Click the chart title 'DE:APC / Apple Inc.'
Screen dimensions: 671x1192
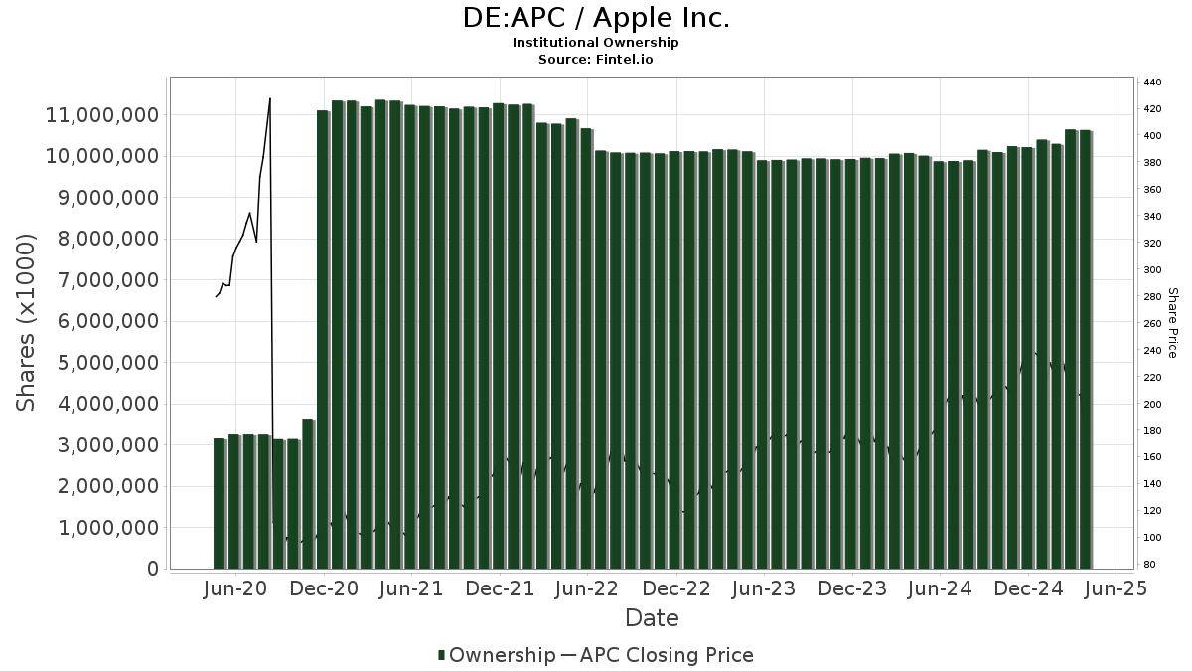[x=596, y=18]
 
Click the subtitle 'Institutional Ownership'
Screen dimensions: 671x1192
[x=596, y=43]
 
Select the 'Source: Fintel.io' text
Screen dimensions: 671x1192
[x=596, y=60]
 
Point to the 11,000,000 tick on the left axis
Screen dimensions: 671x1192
[x=102, y=115]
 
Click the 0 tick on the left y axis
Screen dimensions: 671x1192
[x=153, y=569]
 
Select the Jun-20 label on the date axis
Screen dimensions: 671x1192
[x=235, y=588]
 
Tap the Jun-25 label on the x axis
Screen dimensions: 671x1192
[x=1118, y=588]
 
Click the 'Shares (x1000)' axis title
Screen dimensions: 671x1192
[x=27, y=322]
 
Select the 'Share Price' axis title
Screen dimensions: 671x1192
[x=1172, y=322]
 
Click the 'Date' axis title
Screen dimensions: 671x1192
[x=652, y=618]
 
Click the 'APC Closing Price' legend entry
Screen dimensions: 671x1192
[x=667, y=655]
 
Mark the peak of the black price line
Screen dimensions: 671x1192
[x=270, y=98]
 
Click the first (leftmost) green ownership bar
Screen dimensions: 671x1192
[x=220, y=503]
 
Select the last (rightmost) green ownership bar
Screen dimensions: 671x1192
[x=1086, y=349]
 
